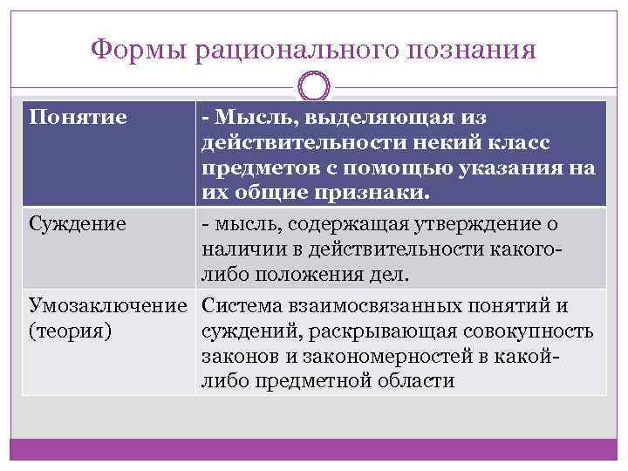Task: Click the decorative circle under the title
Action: pyautogui.click(x=314, y=88)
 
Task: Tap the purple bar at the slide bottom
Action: pyautogui.click(x=314, y=450)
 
